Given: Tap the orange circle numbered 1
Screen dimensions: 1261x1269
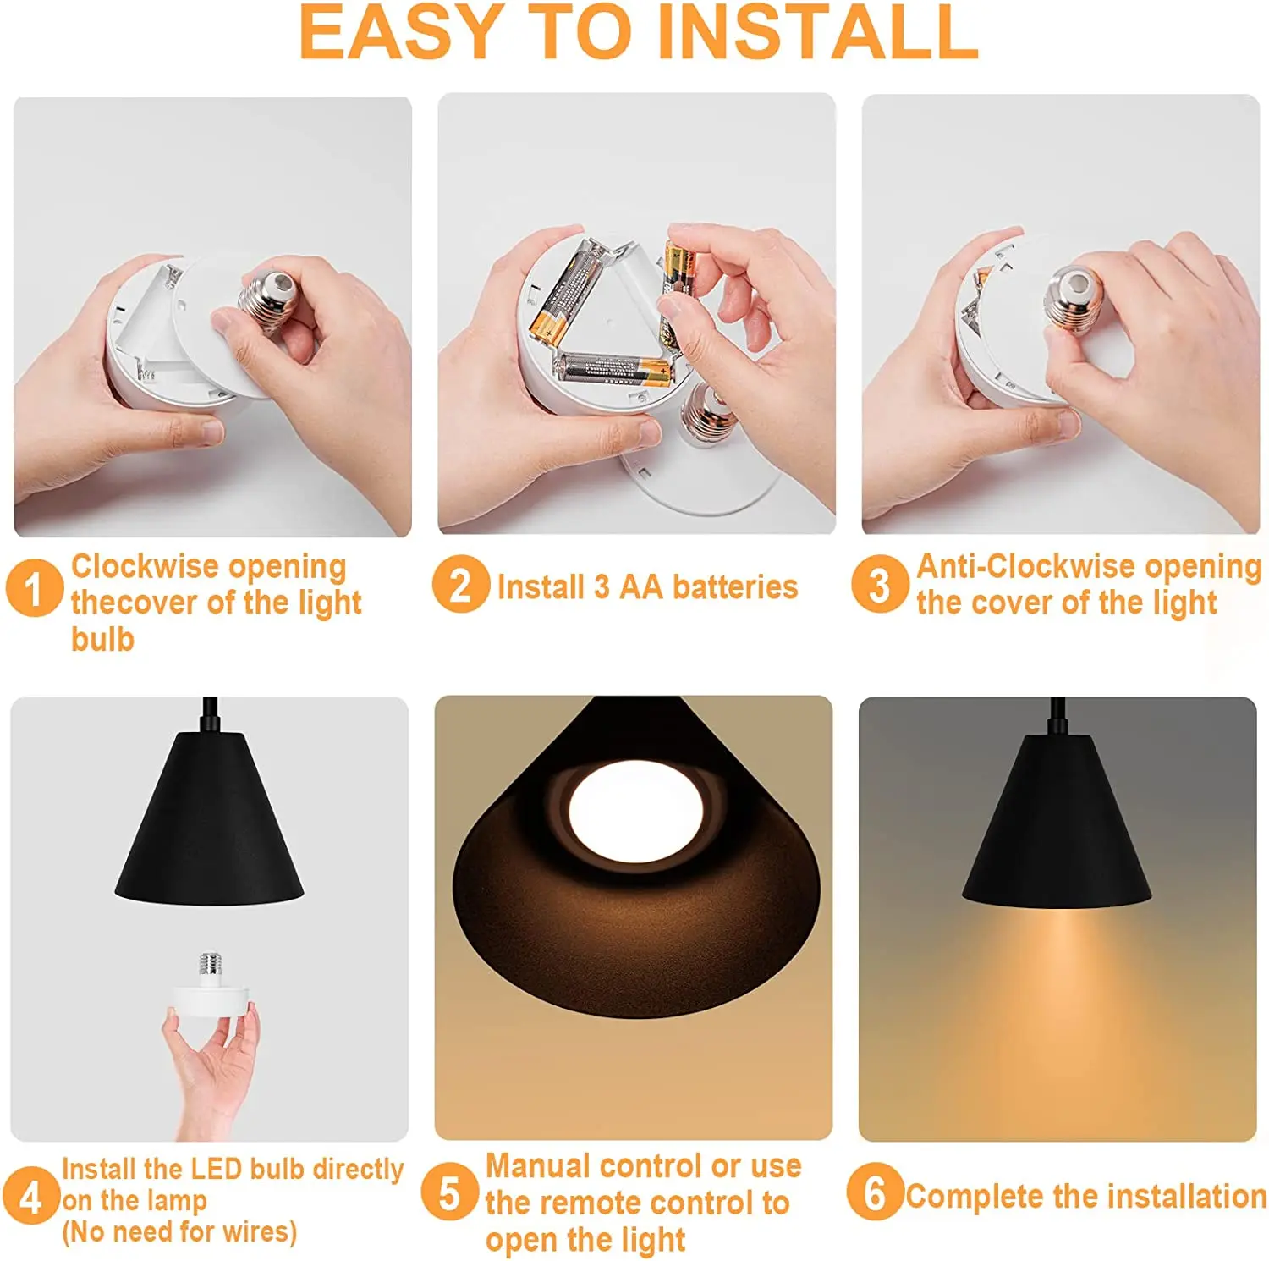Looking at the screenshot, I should coord(34,586).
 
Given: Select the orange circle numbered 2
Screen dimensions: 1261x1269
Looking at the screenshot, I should coord(460,584).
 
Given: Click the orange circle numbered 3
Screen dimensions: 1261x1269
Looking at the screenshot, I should coord(880,584).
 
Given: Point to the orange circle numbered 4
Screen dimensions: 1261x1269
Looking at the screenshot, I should coord(30,1196).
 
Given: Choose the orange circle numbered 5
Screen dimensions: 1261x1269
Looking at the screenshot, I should coord(449,1192).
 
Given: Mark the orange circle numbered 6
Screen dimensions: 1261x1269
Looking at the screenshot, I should coord(875,1192).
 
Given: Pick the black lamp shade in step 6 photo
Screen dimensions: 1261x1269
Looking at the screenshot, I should coord(1056,825).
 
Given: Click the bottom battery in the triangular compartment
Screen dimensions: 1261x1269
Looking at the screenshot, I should coord(611,369).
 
